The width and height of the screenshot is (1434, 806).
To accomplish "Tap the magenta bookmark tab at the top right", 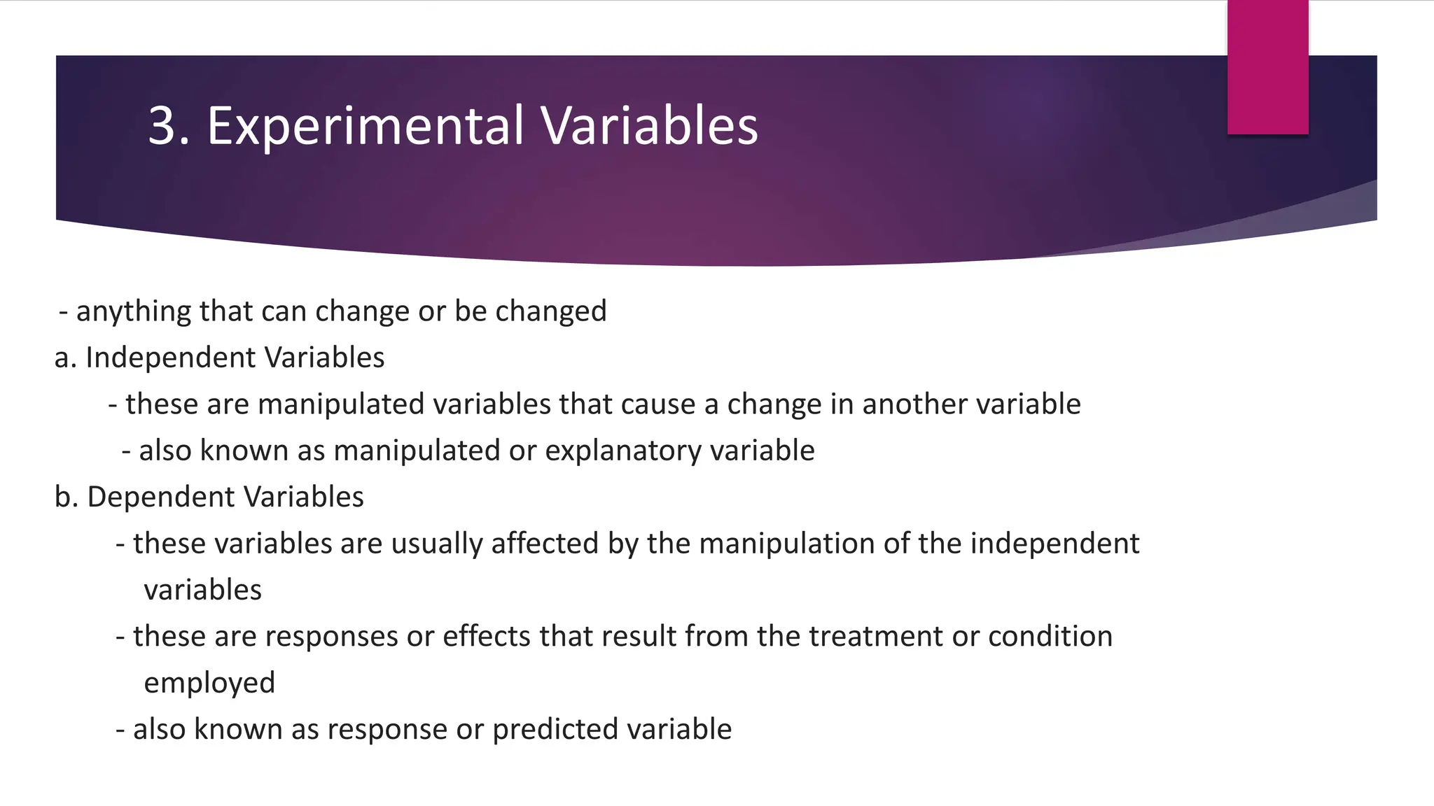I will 1267,67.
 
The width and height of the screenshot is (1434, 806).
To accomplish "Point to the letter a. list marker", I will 65,358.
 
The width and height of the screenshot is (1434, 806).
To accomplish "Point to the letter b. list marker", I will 65,497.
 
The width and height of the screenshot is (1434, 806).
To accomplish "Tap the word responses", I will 332,637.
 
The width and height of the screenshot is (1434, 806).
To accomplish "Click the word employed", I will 209,683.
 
